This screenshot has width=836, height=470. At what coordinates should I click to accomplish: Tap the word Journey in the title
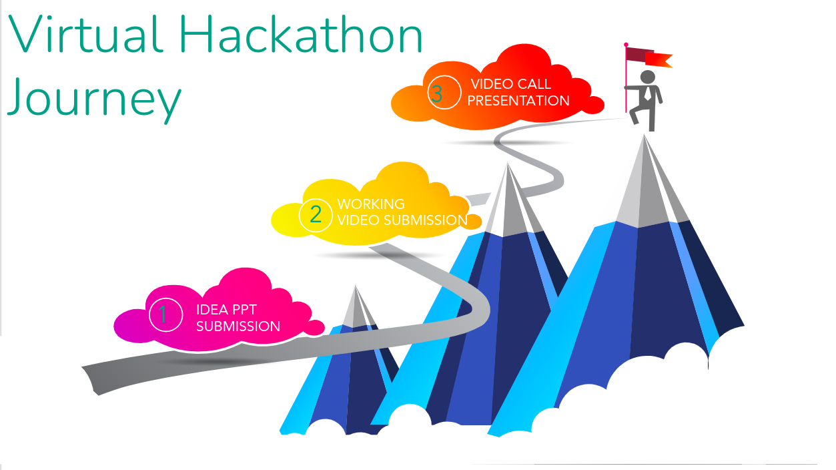93,98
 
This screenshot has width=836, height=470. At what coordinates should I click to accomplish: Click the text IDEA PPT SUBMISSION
238,318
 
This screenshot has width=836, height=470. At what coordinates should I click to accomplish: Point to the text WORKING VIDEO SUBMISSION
402,212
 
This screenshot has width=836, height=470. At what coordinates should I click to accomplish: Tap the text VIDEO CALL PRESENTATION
518,93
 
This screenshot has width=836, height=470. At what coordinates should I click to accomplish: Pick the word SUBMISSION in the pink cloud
238,326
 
